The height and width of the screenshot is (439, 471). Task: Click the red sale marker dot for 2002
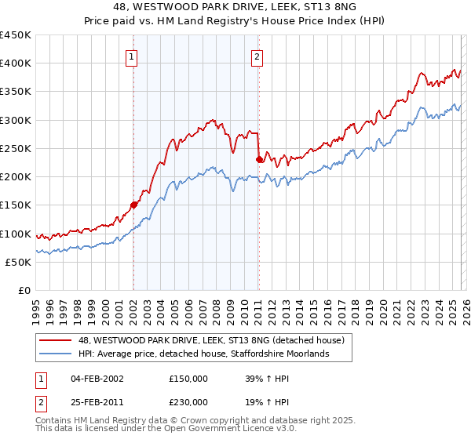pos(133,205)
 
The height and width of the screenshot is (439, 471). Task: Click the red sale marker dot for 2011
pos(259,159)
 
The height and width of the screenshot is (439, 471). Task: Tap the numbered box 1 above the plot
pos(132,56)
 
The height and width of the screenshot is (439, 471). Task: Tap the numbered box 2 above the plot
pos(257,56)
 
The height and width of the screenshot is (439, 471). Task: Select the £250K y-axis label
pos(15,148)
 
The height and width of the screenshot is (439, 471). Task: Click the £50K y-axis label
pos(18,262)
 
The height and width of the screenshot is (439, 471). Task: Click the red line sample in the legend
pos(56,340)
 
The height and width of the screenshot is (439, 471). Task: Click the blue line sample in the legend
pos(56,354)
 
